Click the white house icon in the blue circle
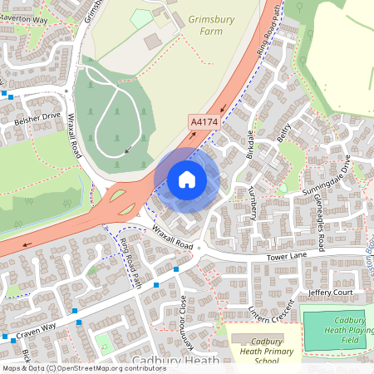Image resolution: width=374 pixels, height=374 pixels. point(187,180)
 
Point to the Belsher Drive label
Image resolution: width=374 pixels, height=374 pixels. point(39,121)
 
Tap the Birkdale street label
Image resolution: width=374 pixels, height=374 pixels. point(249,146)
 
